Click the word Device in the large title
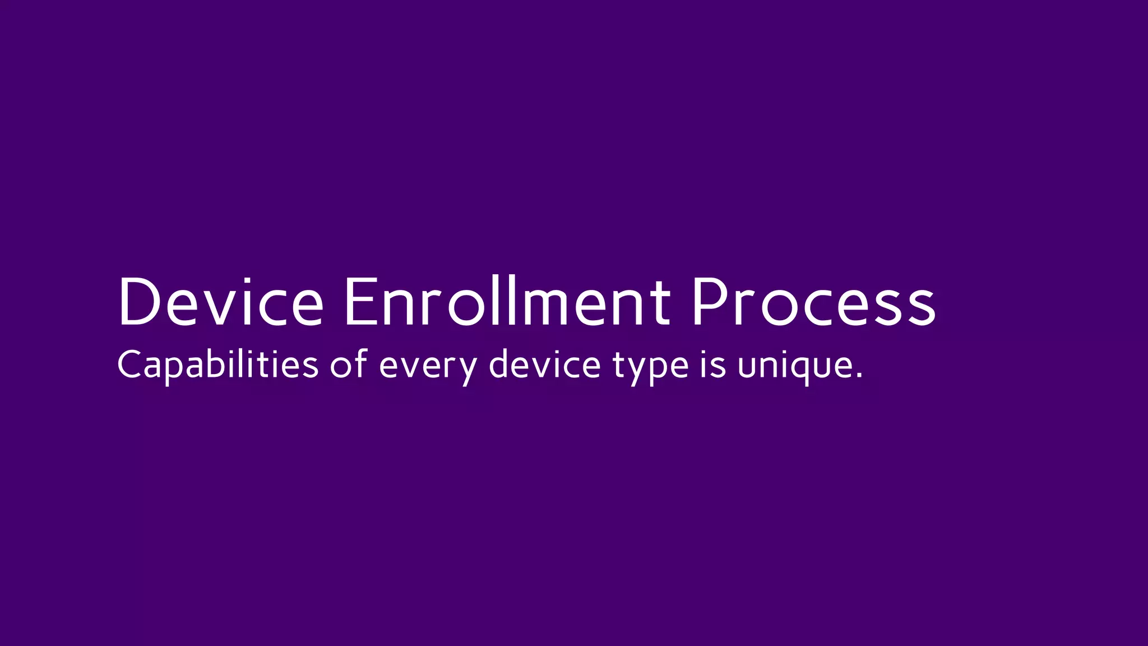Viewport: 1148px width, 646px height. [220, 301]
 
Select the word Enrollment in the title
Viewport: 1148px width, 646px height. [507, 301]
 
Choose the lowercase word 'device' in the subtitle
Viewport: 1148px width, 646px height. [544, 364]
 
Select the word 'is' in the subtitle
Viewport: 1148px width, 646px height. [713, 364]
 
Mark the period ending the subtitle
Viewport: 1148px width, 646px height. [859, 376]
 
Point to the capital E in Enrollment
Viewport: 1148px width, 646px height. [362, 301]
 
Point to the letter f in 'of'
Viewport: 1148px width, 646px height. [360, 362]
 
